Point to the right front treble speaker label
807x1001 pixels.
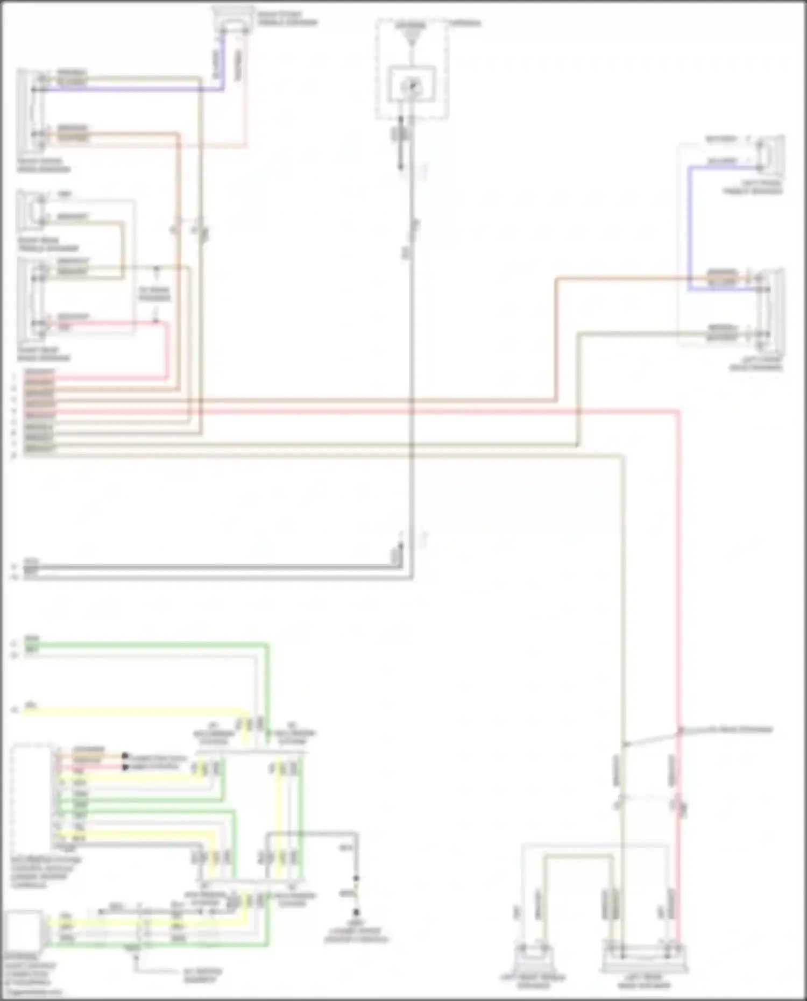click(287, 18)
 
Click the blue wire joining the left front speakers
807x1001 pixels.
click(689, 226)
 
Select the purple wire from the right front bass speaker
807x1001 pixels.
click(134, 89)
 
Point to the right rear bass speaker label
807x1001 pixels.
click(44, 354)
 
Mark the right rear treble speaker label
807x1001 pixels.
click(48, 244)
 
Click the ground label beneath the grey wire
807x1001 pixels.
click(356, 935)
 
